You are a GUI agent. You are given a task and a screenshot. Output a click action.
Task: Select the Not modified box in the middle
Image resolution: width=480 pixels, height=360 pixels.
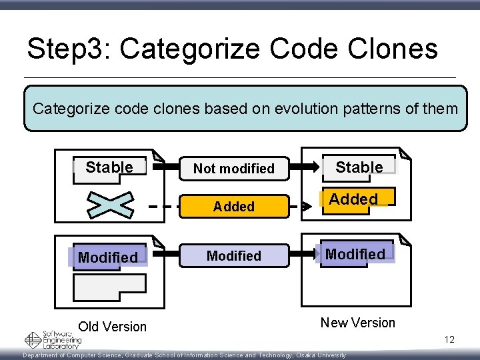coord(233,169)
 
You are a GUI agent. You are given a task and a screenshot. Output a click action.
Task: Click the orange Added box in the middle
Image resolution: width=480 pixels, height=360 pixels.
coord(233,207)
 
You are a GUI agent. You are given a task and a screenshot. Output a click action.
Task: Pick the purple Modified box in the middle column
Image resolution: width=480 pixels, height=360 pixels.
coord(233,256)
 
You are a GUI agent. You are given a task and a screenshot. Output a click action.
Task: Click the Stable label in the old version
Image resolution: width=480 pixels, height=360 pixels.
coord(109,167)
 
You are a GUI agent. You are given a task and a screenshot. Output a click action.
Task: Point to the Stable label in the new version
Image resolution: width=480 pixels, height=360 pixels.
coord(359,167)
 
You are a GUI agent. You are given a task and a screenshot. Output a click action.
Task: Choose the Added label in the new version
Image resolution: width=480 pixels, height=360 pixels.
coord(353,199)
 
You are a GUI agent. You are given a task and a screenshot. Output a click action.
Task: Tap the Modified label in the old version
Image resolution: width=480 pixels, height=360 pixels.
coord(107,257)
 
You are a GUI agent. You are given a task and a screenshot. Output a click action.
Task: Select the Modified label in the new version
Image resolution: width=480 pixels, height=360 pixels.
coord(355,254)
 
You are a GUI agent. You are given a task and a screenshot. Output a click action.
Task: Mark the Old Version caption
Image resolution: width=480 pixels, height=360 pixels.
coord(112,327)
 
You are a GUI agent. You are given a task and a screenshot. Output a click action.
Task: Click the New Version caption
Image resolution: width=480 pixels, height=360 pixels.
coord(358,323)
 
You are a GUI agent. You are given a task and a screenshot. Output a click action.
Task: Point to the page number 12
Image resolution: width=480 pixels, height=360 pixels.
coord(449,340)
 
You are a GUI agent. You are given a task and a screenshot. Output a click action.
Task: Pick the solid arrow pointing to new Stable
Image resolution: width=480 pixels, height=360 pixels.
coord(303,167)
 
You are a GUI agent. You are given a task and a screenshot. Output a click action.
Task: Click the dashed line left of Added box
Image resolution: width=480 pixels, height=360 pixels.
coord(163,207)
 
